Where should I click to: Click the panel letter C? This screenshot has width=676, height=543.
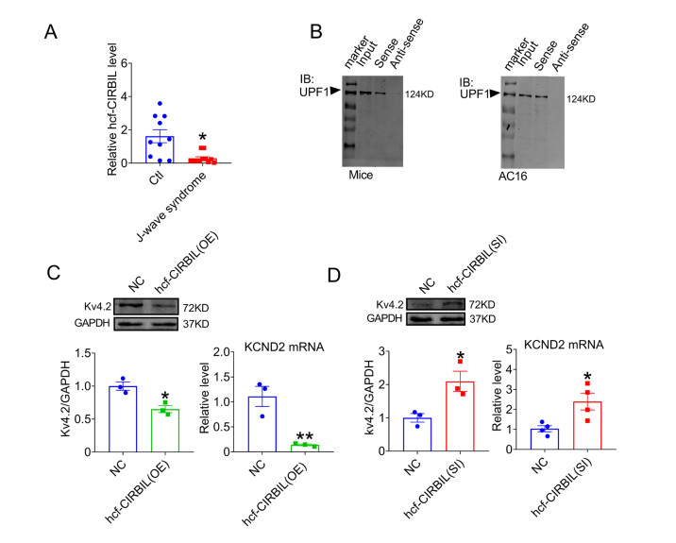56,271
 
